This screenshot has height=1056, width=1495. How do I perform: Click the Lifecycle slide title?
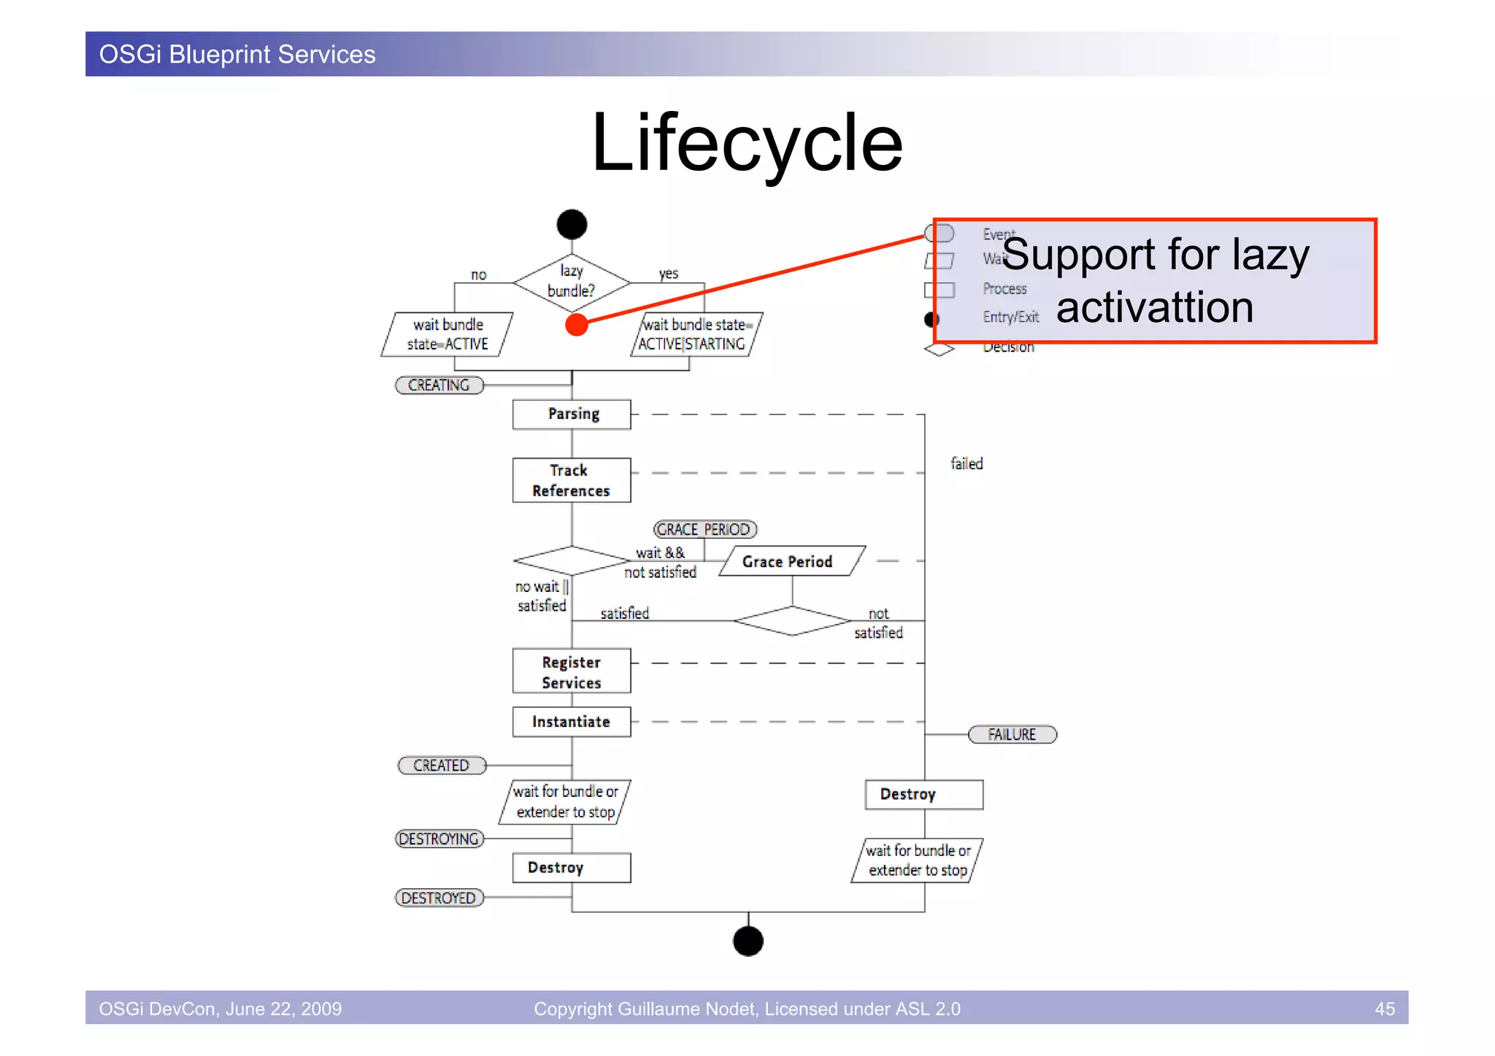click(x=747, y=142)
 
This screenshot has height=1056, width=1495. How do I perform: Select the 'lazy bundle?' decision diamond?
click(x=572, y=282)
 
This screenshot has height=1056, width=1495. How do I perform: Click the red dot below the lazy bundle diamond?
click(x=577, y=325)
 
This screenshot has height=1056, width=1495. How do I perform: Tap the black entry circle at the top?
click(x=572, y=224)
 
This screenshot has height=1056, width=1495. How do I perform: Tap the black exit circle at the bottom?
click(x=747, y=941)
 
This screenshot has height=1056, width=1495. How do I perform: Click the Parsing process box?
click(x=572, y=415)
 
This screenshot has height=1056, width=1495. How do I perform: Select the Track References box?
click(x=572, y=480)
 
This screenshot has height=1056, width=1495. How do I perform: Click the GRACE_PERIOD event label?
click(x=704, y=529)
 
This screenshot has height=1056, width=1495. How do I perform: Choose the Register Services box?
click(x=572, y=671)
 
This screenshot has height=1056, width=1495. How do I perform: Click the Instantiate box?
click(x=572, y=722)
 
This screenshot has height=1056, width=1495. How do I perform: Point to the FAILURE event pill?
click(x=1012, y=734)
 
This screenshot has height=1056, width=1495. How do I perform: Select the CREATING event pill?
click(x=439, y=385)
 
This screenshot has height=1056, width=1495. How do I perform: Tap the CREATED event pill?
click(x=441, y=766)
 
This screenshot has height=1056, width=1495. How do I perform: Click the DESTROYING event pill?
click(x=439, y=839)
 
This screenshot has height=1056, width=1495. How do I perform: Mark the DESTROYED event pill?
click(x=439, y=898)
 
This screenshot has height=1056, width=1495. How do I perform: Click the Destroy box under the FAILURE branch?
click(x=923, y=795)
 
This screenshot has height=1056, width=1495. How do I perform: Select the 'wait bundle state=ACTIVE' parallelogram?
click(x=447, y=334)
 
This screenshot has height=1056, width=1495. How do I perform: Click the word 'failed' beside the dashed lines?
click(x=966, y=464)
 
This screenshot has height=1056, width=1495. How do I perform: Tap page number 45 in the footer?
click(x=1384, y=1009)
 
